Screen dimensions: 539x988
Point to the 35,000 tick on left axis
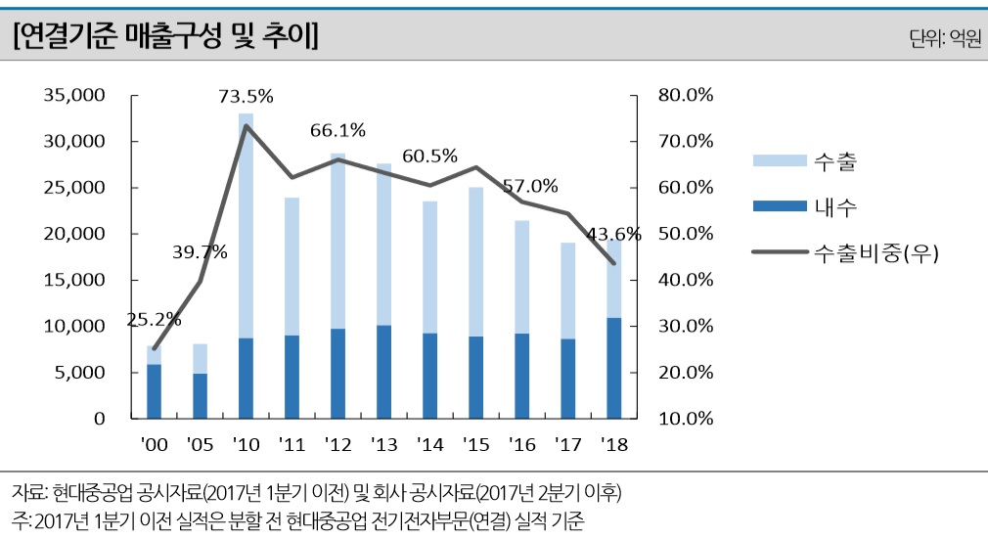point(73,95)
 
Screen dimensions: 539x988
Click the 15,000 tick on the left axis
point(73,280)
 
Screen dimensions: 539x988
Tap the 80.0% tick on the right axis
point(685,95)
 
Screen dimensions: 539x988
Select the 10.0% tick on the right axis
point(685,419)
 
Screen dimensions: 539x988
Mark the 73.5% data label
point(246,96)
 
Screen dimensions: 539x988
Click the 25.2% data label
point(155,319)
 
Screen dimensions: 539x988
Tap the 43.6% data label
point(613,234)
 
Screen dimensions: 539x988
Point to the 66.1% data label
point(337,129)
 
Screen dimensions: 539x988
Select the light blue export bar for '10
point(246,225)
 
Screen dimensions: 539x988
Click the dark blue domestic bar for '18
point(613,368)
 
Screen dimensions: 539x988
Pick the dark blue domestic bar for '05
point(200,395)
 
